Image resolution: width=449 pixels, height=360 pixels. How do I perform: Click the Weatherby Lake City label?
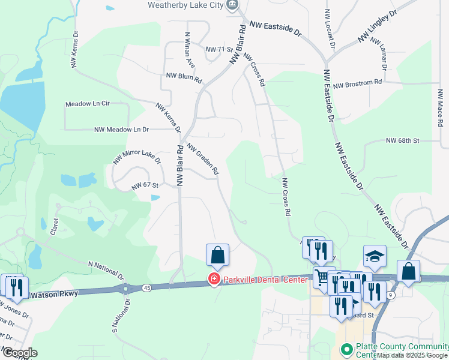pyautogui.click(x=185, y=5)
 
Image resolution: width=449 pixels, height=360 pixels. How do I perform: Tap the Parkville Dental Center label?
pyautogui.click(x=265, y=280)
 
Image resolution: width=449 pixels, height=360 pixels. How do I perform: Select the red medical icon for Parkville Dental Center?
pyautogui.click(x=212, y=279)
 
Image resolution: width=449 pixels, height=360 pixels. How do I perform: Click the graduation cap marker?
pyautogui.click(x=375, y=256)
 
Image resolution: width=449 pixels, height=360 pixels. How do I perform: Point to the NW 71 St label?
pyautogui.click(x=218, y=49)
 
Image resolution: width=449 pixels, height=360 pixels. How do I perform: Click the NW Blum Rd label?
pyautogui.click(x=184, y=78)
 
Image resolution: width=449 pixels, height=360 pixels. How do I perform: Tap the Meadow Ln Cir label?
pyautogui.click(x=88, y=104)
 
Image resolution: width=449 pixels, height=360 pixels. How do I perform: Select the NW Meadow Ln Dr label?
pyautogui.click(x=121, y=129)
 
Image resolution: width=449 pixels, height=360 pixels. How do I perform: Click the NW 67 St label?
pyautogui.click(x=145, y=186)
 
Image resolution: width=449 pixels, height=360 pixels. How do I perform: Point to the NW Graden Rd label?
pyautogui.click(x=202, y=160)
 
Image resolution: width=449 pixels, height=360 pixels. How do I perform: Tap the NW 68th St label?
pyautogui.click(x=402, y=140)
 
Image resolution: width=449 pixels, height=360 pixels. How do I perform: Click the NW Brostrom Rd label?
pyautogui.click(x=358, y=84)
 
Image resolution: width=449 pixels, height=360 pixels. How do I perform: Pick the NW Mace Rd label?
pyautogui.click(x=440, y=108)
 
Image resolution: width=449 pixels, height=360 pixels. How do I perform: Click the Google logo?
pyautogui.click(x=19, y=353)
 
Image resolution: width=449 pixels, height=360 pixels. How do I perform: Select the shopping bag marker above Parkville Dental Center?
pyautogui.click(x=217, y=255)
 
